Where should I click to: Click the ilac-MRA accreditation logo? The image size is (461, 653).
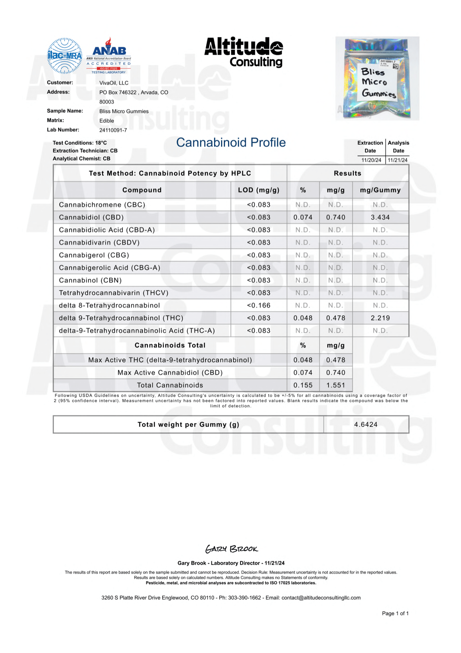(x=64, y=56)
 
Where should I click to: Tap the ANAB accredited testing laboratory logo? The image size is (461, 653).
(x=108, y=56)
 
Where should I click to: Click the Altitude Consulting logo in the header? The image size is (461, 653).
(x=244, y=52)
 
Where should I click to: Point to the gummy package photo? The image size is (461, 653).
(x=377, y=79)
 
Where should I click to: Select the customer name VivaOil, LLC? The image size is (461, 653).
(x=114, y=83)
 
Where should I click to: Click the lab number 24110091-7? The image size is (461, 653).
(x=113, y=130)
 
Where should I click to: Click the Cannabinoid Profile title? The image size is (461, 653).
(x=231, y=142)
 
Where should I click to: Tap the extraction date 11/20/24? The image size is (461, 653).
(x=371, y=160)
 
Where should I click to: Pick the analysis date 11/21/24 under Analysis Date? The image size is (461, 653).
(x=398, y=160)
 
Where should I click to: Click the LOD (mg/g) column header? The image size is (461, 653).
(x=258, y=190)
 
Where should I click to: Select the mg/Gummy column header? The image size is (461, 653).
(x=380, y=190)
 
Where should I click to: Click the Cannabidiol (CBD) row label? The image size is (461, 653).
(x=91, y=217)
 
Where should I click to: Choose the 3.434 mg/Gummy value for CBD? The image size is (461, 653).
(x=380, y=217)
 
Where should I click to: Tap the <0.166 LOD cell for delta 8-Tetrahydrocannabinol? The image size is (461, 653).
(x=258, y=306)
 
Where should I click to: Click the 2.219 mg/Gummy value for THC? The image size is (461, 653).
(x=380, y=318)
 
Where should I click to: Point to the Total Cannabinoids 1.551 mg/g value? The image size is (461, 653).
(x=335, y=385)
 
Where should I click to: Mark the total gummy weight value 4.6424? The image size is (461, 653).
(x=366, y=424)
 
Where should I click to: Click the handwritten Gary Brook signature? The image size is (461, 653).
(x=231, y=549)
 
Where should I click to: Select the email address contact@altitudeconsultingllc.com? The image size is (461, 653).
(x=321, y=598)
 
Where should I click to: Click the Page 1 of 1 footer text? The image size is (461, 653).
(x=395, y=614)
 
